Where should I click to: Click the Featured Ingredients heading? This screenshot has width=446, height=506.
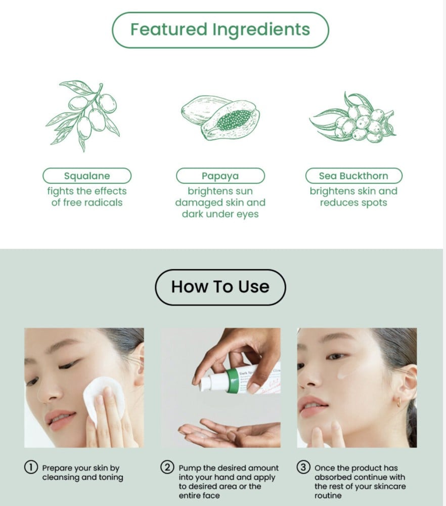[x=220, y=30]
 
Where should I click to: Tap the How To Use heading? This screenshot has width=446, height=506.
[x=220, y=287]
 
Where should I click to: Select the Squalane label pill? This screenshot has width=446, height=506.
[x=87, y=176]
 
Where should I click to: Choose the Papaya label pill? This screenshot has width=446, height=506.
[x=220, y=176]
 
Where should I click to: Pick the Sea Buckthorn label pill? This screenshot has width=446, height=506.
[x=354, y=176]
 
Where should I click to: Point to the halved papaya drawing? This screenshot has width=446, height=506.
[x=220, y=118]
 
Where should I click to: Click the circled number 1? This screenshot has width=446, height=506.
[x=31, y=467]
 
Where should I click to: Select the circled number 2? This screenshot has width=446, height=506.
[x=167, y=467]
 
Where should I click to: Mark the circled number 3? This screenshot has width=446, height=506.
[x=303, y=467]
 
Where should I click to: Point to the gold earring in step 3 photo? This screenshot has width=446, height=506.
[x=399, y=402]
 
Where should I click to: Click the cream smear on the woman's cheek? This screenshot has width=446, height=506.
[x=344, y=373]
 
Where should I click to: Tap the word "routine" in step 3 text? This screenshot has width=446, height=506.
[x=328, y=495]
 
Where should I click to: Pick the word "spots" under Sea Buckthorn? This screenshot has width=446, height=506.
[x=374, y=203]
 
